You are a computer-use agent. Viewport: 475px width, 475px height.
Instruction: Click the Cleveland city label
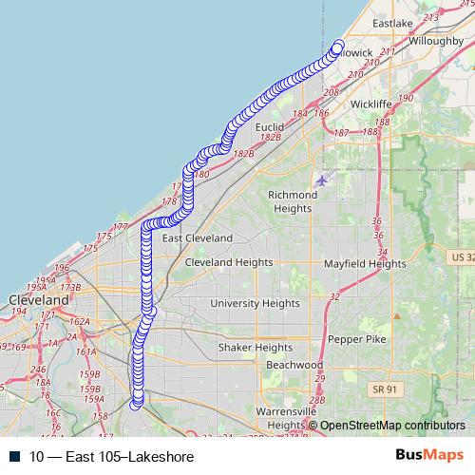point(39,299)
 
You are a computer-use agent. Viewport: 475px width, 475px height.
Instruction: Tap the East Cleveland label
point(197,237)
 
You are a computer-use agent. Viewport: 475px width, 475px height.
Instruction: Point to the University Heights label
point(255,303)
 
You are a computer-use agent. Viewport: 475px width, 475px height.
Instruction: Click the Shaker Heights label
point(256,348)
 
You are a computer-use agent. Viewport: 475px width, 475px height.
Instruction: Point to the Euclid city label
point(271,125)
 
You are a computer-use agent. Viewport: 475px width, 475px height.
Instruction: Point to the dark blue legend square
point(15,456)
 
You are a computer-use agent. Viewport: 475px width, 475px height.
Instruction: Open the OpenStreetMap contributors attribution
point(392,426)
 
